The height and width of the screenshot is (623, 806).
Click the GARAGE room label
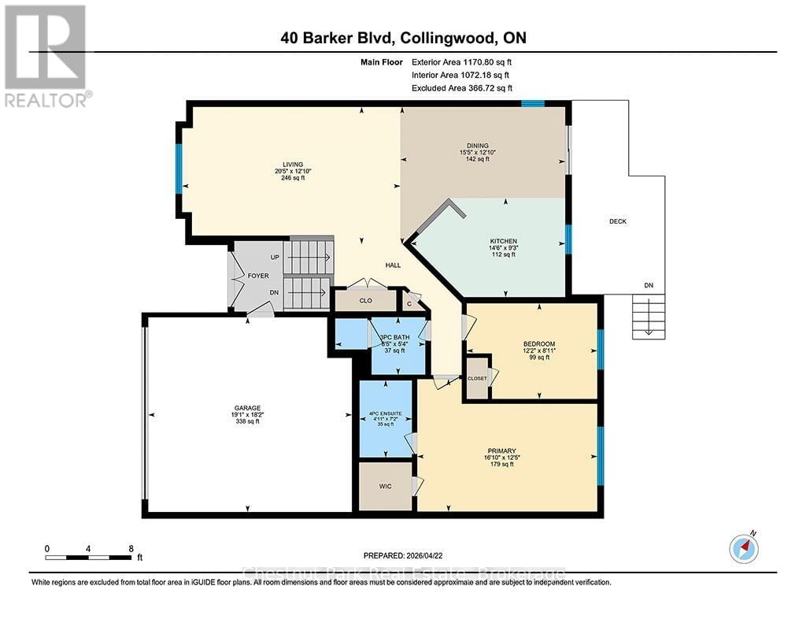coord(246,407)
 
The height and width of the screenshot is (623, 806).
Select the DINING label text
coord(479,145)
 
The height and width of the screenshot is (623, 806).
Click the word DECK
coord(618,221)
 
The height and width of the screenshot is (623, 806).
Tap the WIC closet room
coord(385,486)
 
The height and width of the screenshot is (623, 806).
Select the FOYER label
coord(259,276)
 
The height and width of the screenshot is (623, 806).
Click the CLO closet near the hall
coord(365,300)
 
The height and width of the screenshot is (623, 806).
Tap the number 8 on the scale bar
coord(131,547)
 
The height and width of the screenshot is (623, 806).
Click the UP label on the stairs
coord(275,258)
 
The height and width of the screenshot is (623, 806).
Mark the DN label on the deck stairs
coord(648,285)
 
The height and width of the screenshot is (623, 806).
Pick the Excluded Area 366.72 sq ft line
coord(466,88)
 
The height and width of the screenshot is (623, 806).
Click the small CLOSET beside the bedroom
coord(477,378)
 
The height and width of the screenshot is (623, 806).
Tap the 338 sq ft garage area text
coord(246,421)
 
